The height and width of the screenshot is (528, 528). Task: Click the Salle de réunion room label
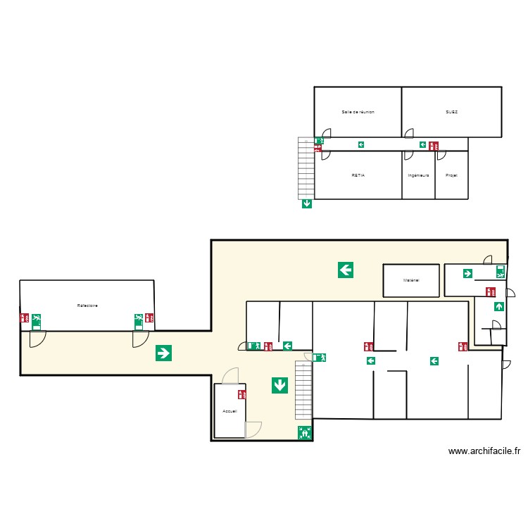[358, 111]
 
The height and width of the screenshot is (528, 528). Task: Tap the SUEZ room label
[451, 111]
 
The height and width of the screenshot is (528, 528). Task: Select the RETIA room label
[358, 175]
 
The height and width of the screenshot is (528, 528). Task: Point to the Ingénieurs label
[418, 175]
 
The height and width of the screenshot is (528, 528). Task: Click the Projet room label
[451, 175]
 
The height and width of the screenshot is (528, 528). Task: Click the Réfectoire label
[87, 306]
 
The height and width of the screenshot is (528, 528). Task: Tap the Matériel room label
[411, 280]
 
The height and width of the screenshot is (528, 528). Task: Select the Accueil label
[230, 411]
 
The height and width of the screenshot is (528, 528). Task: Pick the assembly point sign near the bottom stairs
[305, 433]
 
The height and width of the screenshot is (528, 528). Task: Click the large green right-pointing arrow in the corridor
[163, 353]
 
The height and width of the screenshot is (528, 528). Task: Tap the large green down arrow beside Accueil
[279, 385]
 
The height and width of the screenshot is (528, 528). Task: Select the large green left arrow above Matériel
[345, 269]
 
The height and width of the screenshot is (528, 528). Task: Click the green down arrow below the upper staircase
[306, 204]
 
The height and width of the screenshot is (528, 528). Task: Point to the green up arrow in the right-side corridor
[498, 306]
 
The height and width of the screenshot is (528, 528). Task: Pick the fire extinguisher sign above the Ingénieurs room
[434, 146]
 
